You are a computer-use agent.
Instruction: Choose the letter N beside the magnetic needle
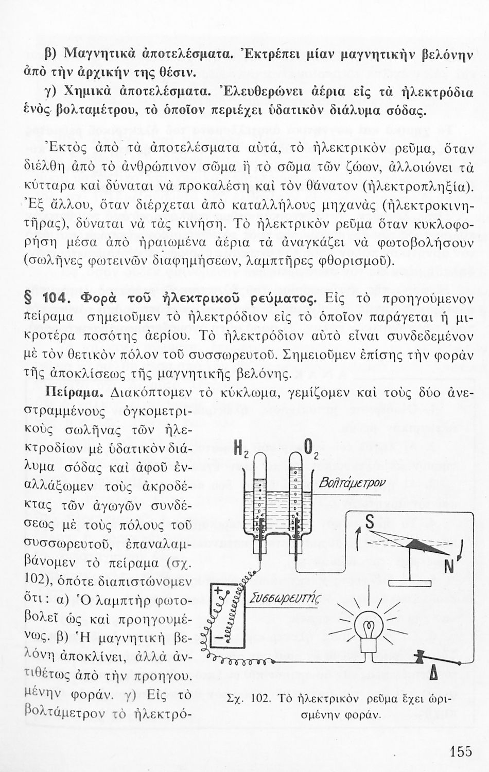(x=448, y=566)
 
